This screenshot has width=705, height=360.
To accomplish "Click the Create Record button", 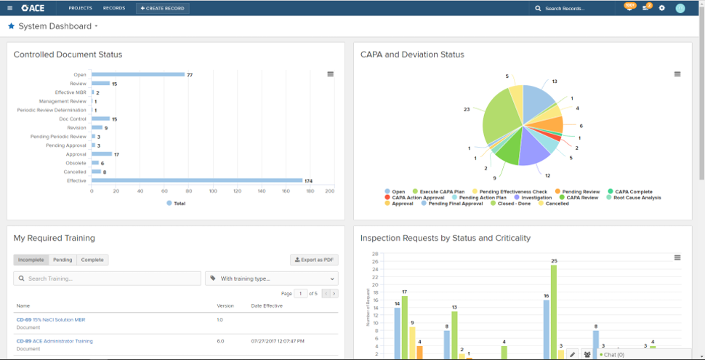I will (163, 8).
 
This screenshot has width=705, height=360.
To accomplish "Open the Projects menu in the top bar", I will (80, 8).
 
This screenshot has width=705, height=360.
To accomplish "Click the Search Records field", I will (570, 9).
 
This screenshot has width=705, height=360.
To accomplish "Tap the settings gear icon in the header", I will (661, 8).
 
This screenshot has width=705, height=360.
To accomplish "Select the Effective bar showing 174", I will (196, 180).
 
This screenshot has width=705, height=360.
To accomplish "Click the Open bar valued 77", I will (137, 74).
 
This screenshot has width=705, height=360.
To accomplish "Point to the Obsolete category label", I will (76, 163).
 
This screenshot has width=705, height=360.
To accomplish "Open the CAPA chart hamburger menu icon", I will (677, 74).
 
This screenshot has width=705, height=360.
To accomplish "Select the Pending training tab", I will (63, 260).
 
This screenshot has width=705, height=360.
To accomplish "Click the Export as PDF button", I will (314, 260).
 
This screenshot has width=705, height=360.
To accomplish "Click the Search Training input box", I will (108, 279).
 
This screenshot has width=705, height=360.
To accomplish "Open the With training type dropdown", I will (272, 279).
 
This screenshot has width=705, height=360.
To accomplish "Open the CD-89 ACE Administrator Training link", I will (55, 341).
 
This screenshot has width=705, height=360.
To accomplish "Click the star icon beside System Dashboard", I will (11, 26).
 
